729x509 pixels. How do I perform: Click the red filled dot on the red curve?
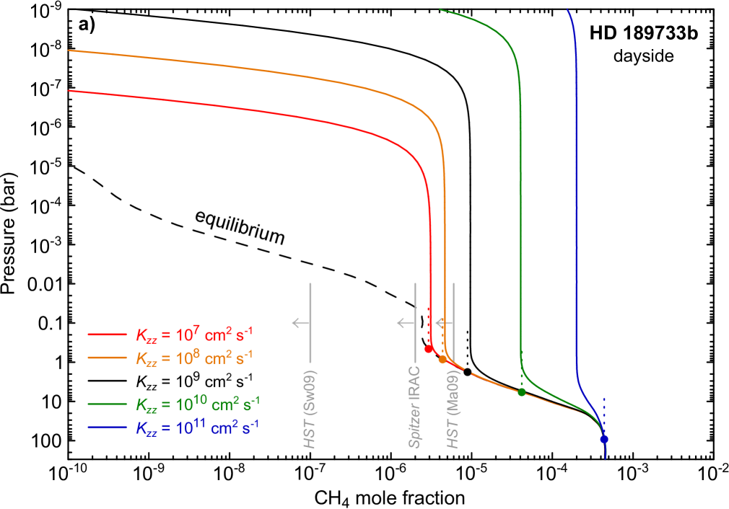click(428, 349)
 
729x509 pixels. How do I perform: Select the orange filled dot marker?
click(442, 359)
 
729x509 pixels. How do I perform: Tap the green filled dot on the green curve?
click(521, 392)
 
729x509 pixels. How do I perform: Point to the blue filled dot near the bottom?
click(604, 439)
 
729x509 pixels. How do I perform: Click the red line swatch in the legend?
click(108, 335)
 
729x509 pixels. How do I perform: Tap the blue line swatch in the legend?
click(108, 427)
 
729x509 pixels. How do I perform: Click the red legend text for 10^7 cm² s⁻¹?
click(194, 335)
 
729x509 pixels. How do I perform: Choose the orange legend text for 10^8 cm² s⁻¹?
click(194, 357)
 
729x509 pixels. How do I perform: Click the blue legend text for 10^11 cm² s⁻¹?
click(198, 426)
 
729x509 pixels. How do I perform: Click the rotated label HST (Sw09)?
click(310, 410)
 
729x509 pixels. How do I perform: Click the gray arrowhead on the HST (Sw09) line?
click(296, 323)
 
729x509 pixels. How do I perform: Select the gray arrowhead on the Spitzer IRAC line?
click(401, 323)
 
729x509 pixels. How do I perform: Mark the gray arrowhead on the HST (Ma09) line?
click(440, 323)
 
